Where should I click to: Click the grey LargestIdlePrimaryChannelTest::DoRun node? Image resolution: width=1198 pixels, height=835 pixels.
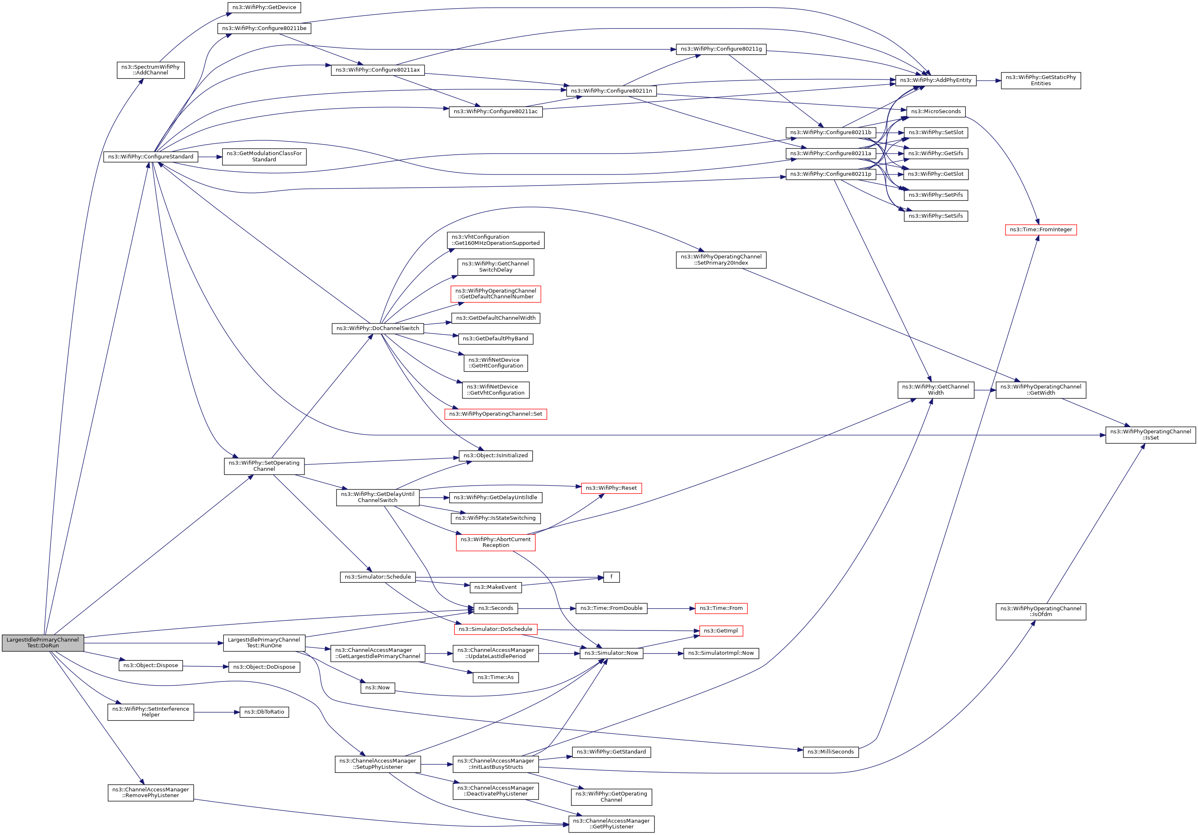tap(43, 643)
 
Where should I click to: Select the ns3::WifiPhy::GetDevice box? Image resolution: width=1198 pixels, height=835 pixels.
tap(264, 7)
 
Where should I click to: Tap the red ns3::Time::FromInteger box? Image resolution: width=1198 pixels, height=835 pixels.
tap(1040, 230)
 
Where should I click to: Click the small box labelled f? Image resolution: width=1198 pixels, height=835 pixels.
tap(611, 577)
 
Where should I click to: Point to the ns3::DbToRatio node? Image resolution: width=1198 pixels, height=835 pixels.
tap(264, 712)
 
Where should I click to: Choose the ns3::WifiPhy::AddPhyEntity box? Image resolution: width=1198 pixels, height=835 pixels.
tap(936, 80)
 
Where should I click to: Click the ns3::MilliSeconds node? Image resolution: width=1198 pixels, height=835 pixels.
tap(830, 751)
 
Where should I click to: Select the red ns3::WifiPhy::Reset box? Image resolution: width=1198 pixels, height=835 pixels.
tap(611, 488)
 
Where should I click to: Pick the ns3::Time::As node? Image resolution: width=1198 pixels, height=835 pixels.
tap(495, 677)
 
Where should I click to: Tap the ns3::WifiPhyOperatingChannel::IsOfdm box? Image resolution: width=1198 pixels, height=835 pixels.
tap(1040, 611)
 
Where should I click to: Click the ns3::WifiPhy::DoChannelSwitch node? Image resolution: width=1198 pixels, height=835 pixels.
tap(378, 328)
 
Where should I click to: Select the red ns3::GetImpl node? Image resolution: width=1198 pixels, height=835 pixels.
tap(721, 631)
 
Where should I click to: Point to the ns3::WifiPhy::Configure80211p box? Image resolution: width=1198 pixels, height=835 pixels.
tap(830, 174)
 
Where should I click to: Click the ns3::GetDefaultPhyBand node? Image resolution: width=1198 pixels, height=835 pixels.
tap(495, 339)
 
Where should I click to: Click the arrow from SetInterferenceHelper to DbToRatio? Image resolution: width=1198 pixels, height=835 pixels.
tap(216, 712)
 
